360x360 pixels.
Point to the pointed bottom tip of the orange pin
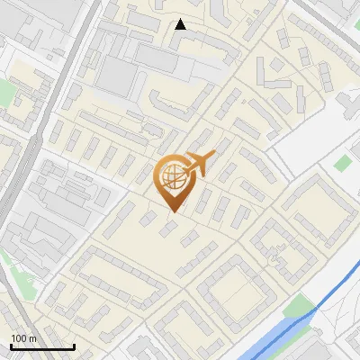[172, 211]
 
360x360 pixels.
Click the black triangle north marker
[181, 24]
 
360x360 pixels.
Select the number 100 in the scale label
[20, 338]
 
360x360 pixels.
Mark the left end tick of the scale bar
[11, 346]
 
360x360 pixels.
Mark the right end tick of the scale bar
[74, 346]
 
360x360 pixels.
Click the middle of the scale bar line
[42, 347]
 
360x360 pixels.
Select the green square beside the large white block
[342, 163]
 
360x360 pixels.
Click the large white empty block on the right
[315, 135]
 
